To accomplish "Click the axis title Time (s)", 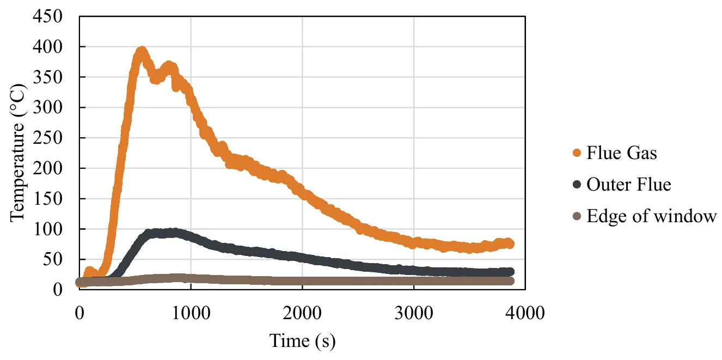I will click(302, 341).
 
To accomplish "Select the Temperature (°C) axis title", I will click(17, 152).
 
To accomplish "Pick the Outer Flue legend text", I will click(628, 185).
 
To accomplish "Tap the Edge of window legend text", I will click(651, 216).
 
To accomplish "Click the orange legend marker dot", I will click(577, 153).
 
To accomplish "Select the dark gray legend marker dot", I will click(577, 185).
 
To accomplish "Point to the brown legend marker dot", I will click(577, 216).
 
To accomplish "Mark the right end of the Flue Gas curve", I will click(510, 244).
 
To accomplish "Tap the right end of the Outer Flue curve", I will click(510, 272).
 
